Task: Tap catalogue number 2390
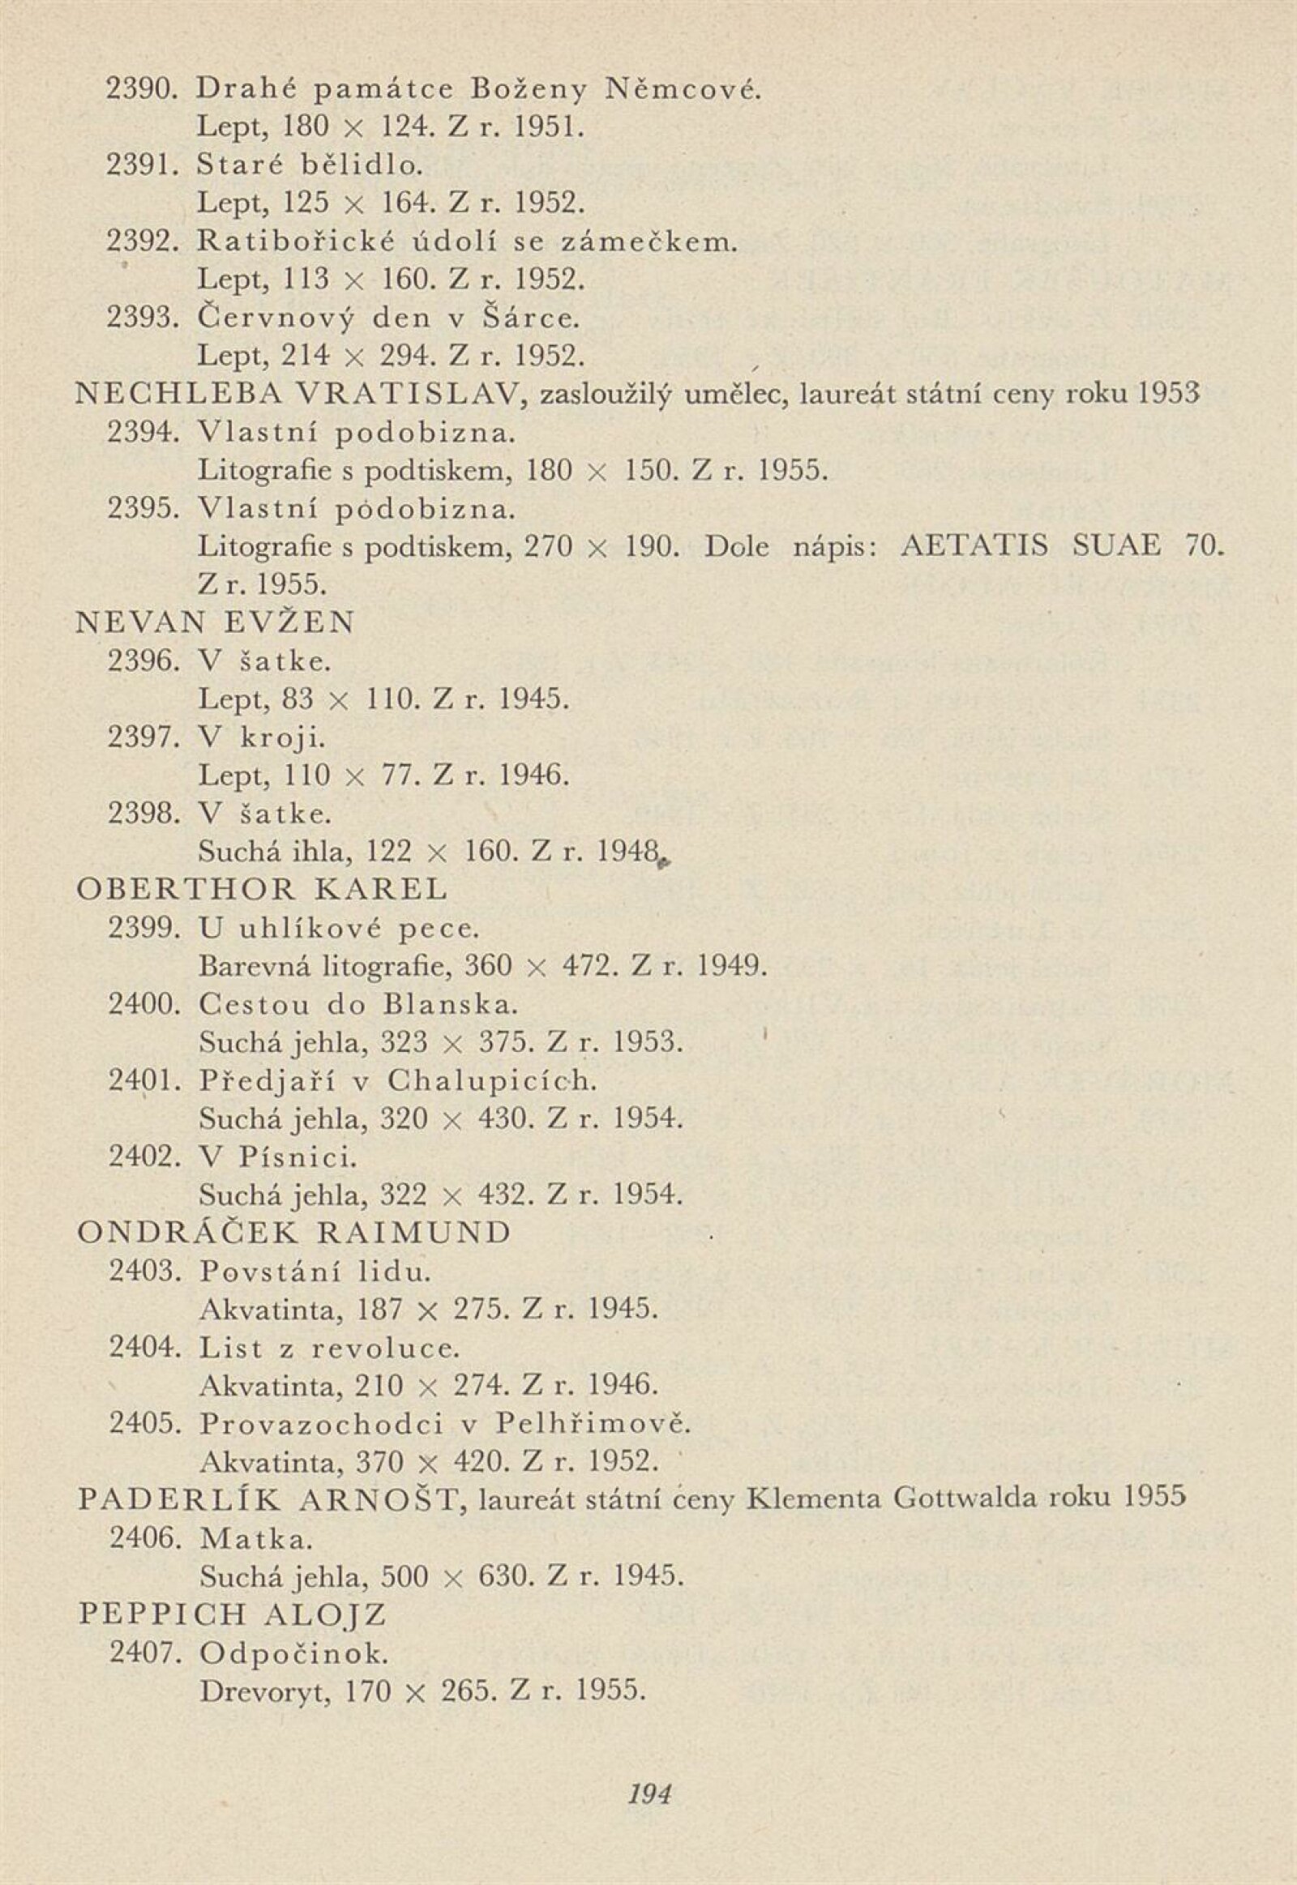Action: [141, 88]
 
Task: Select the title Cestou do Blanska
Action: [357, 1005]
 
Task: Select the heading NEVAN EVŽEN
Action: [216, 623]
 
